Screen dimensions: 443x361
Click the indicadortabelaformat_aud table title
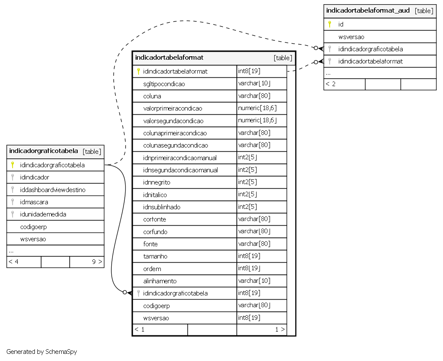[368, 11]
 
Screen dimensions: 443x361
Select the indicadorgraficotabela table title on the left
[44, 151]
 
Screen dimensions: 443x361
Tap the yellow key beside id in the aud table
[330, 24]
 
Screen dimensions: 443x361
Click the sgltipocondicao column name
[164, 84]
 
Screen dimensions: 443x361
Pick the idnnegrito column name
[157, 182]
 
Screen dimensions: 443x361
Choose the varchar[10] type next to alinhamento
[254, 281]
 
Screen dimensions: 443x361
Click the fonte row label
[150, 244]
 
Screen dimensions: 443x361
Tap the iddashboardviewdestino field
[52, 190]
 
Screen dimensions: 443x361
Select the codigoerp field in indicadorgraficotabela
[33, 227]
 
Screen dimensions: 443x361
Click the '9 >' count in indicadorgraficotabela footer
[97, 262]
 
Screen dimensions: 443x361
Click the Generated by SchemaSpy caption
[42, 352]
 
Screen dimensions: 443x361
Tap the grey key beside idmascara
[13, 202]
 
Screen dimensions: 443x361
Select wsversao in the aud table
[351, 37]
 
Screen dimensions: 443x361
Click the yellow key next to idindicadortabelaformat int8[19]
[138, 71]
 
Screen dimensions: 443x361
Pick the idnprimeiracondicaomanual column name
[180, 158]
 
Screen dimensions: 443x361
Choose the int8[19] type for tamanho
[249, 256]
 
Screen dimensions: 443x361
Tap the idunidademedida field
[43, 214]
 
